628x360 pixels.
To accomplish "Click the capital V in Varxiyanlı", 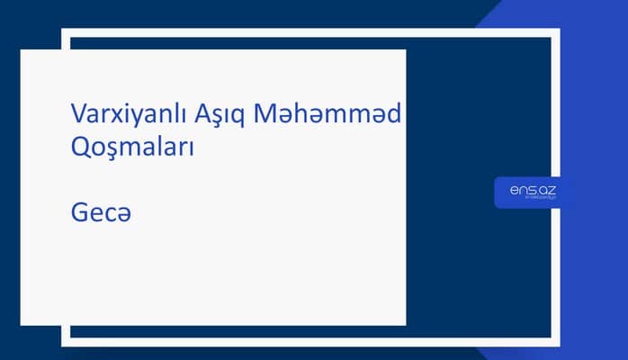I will [x=78, y=114].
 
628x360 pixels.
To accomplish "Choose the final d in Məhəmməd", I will [x=396, y=114].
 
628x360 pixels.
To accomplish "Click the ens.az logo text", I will [x=533, y=190].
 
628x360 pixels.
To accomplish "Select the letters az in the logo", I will [x=547, y=190].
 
